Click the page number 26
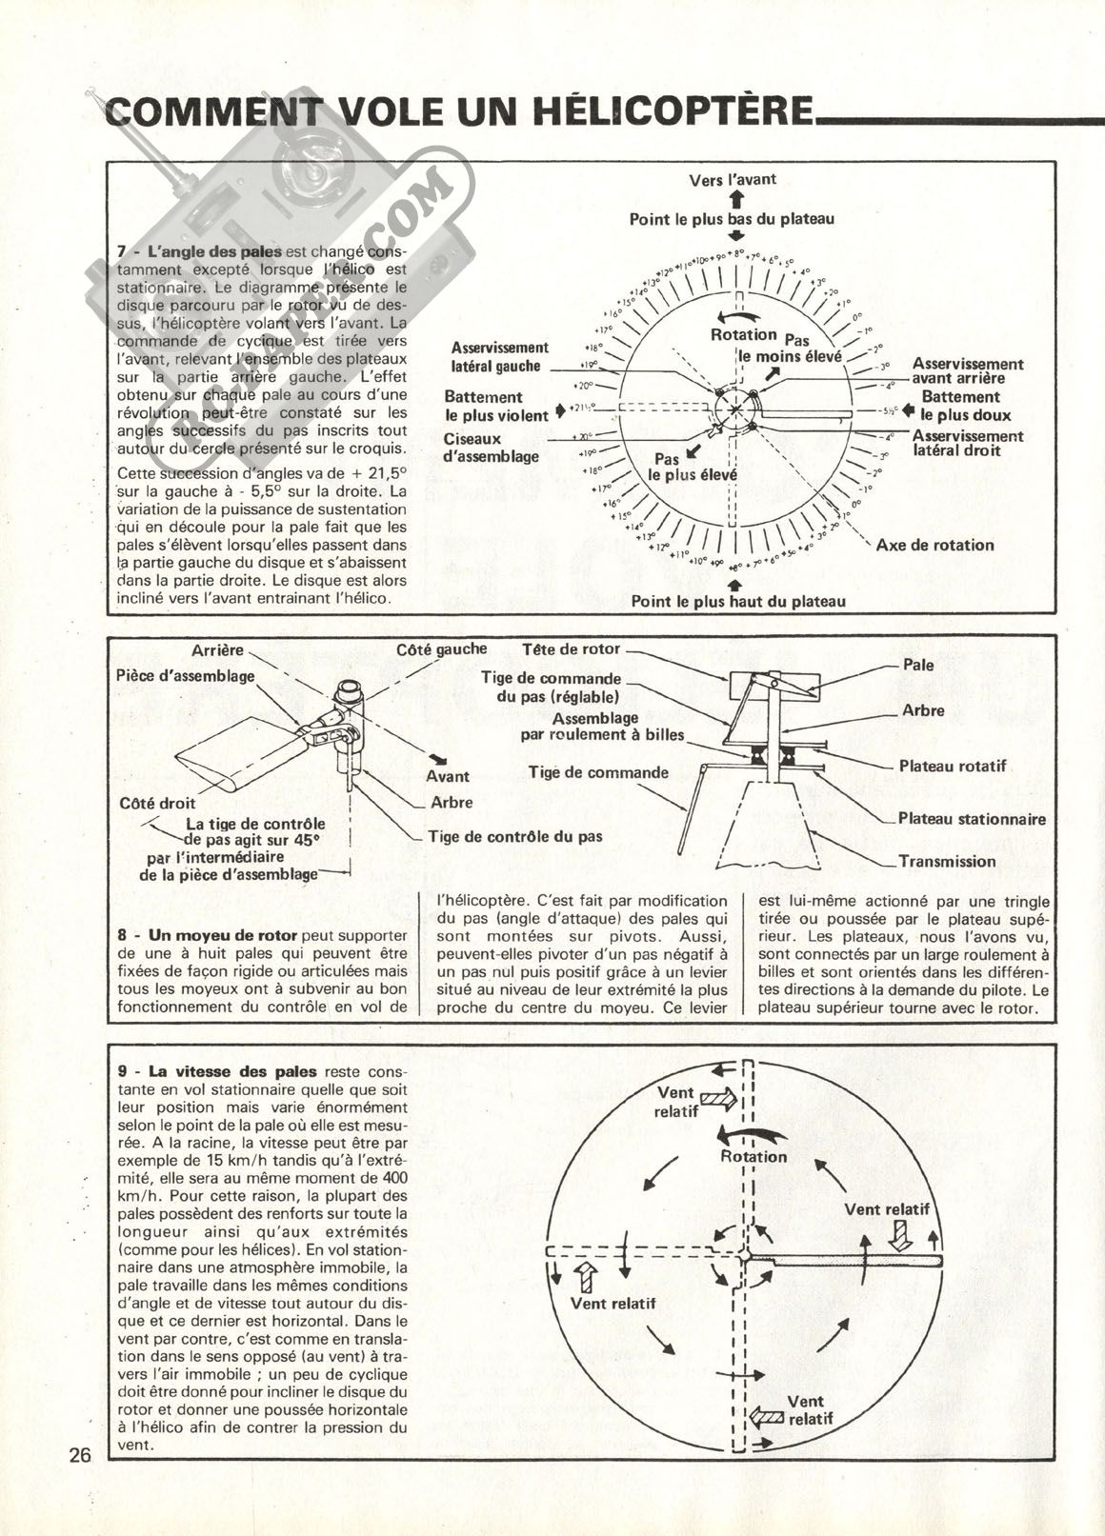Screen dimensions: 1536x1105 (79, 1455)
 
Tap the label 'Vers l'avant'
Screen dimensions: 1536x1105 (733, 179)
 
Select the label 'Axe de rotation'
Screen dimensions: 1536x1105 (934, 545)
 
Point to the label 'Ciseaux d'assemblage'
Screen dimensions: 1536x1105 (492, 448)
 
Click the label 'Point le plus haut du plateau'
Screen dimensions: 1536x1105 (738, 601)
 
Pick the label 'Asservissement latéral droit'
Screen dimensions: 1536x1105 (967, 443)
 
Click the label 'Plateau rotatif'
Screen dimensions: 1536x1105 (952, 766)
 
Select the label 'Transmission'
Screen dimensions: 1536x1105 (947, 862)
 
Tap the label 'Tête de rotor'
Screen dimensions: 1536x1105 (571, 649)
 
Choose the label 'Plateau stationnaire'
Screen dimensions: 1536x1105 (972, 819)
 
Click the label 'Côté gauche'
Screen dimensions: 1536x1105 (441, 649)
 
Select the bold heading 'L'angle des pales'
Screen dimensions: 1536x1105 (214, 251)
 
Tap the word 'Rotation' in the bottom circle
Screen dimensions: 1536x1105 (753, 1157)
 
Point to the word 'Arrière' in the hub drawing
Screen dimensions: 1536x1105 (217, 650)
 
